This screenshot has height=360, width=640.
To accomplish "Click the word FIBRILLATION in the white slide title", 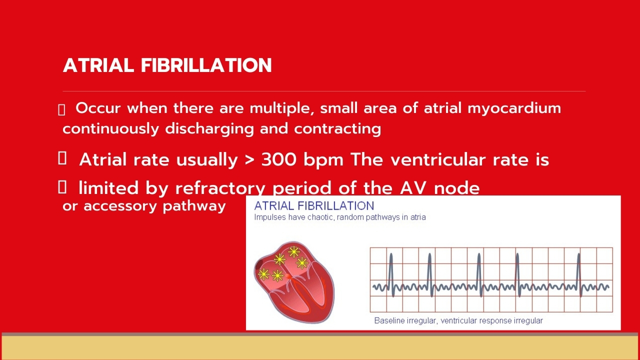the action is point(206,65).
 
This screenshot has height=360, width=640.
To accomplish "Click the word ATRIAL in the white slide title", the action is point(98,65).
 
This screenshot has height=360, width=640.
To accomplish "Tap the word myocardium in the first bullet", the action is point(514,109).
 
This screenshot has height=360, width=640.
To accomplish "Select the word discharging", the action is point(209,129).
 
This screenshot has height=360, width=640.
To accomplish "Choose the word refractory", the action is point(220,188).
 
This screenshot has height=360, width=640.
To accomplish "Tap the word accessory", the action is point(120,206).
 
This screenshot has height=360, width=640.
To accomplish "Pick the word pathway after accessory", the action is point(194,206).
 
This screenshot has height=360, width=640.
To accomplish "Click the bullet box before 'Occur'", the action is point(61,109).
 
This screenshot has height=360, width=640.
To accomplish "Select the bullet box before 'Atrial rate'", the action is point(62,158).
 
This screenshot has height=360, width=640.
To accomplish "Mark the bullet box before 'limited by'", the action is point(62,187).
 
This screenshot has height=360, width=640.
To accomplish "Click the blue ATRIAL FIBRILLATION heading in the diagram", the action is point(314,206).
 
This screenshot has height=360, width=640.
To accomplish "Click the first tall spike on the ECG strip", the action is point(391,274).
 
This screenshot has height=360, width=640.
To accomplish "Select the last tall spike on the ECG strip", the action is point(579,274).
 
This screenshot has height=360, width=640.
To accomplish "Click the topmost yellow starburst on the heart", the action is point(293,252).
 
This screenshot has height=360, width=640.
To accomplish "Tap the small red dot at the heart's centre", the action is point(288,276).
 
